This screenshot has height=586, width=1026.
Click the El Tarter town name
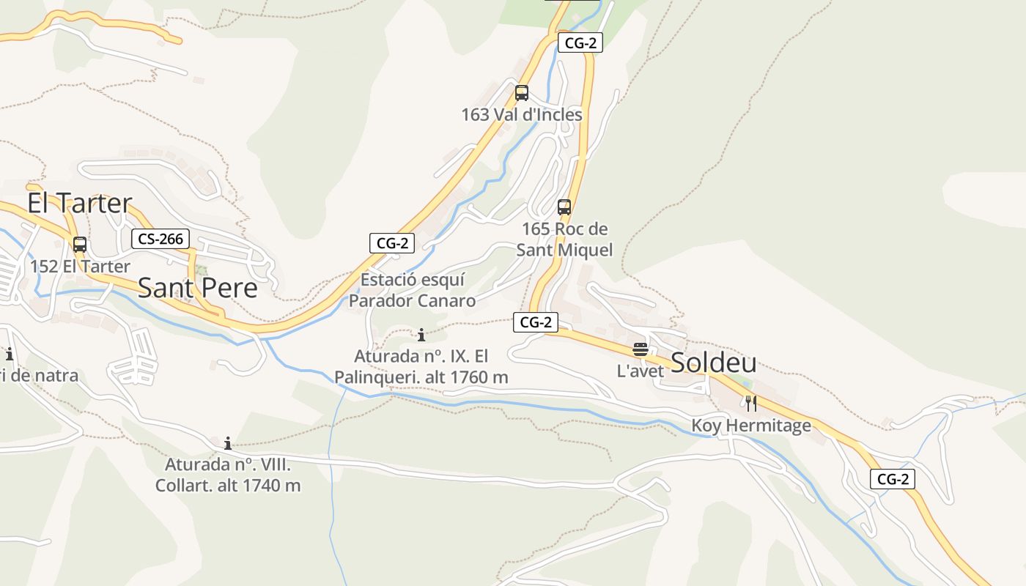tap(80, 203)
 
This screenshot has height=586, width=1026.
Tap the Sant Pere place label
tap(198, 288)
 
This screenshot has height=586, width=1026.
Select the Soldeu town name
tap(713, 362)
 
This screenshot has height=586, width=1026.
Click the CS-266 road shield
tap(161, 239)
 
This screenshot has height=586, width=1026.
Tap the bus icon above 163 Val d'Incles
tap(522, 93)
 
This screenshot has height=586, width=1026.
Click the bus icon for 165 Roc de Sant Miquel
tap(564, 207)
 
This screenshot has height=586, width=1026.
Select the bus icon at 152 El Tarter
tap(80, 245)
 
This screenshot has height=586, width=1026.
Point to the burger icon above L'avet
tap(641, 349)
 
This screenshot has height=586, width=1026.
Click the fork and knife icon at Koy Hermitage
tap(751, 404)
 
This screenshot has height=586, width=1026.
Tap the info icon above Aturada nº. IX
tap(421, 335)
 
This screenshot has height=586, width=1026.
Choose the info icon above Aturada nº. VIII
tap(228, 443)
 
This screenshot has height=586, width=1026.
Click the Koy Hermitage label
tap(751, 426)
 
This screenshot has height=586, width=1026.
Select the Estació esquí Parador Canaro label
tap(412, 290)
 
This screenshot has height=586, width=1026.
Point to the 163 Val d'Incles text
tap(522, 115)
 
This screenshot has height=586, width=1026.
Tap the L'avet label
tap(641, 371)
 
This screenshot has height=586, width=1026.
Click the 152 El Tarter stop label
tap(80, 267)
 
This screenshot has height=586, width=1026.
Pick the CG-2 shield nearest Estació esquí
tap(392, 243)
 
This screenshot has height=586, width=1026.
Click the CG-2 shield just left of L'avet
tap(536, 322)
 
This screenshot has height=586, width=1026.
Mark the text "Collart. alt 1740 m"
tap(228, 486)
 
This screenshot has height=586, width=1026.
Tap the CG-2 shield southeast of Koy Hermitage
tap(893, 480)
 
